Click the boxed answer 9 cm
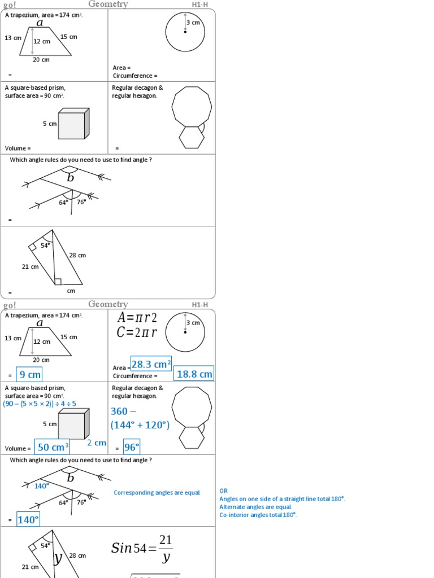[29, 375]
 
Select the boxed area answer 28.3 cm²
[151, 365]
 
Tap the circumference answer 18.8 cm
[194, 374]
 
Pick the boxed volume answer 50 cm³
[52, 447]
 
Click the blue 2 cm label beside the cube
[97, 443]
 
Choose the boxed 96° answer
[132, 448]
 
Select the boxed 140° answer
[28, 520]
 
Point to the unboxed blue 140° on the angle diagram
[42, 485]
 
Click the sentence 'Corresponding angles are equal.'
[157, 493]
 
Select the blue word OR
[224, 491]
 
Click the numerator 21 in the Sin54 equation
[165, 541]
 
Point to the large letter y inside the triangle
[58, 558]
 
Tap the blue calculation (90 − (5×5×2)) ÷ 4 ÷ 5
[40, 404]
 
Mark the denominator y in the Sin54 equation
[165, 558]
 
